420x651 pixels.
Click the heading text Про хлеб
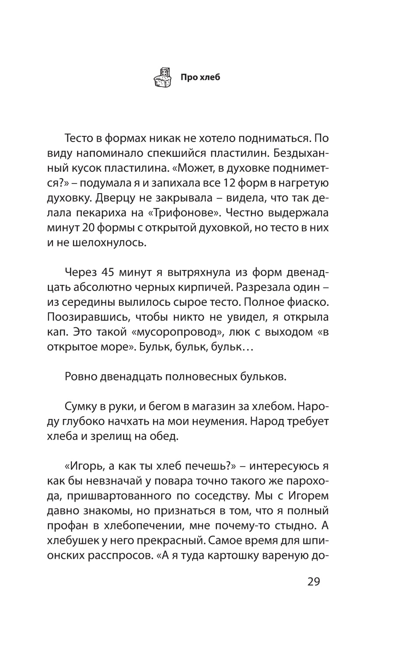coord(200,78)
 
